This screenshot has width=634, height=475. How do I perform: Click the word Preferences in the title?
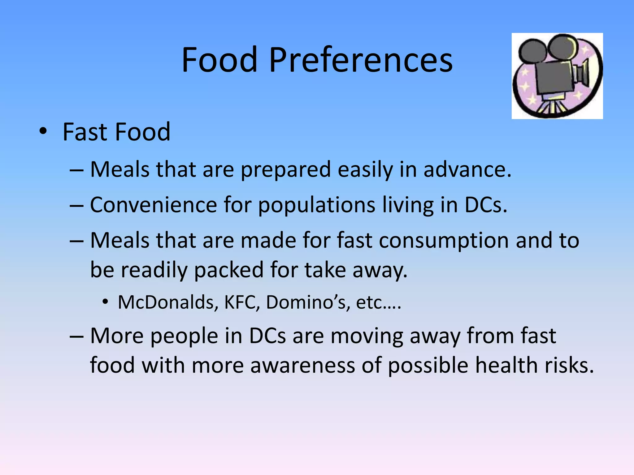tap(361, 60)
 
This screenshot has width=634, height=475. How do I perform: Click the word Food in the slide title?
tap(219, 60)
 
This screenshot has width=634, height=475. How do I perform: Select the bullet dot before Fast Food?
tap(43, 131)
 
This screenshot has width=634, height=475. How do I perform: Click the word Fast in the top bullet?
tap(85, 132)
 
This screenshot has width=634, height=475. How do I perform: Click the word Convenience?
tap(154, 205)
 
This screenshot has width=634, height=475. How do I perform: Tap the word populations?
tap(317, 205)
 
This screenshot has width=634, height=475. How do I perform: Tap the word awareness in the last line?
tap(302, 365)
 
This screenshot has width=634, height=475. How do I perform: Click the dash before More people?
tap(76, 336)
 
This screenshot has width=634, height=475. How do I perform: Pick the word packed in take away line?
tap(228, 270)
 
